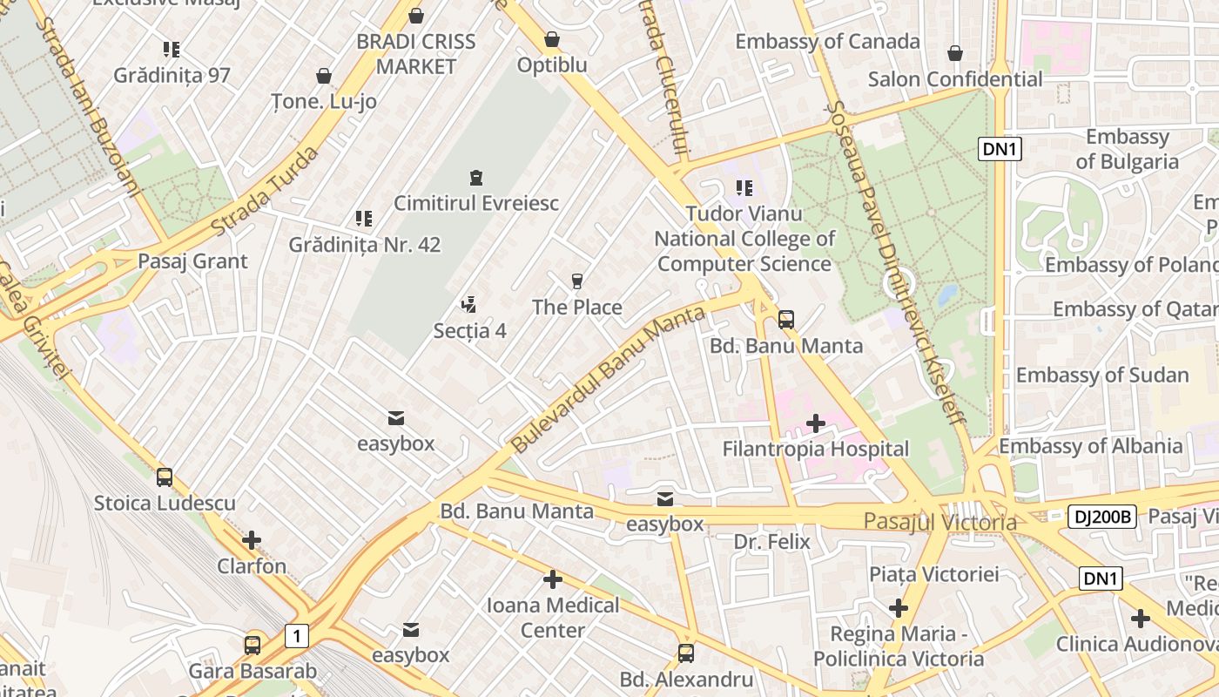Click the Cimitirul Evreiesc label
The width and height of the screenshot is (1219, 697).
coord(475,203)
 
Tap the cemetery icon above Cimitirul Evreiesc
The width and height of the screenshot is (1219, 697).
coord(475,179)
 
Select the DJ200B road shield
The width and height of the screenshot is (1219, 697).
coord(1101,517)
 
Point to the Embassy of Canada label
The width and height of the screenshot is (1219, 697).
coord(826,41)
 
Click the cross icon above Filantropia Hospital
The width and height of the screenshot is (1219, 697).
coord(815,424)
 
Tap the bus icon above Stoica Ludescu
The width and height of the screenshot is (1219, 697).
coord(165,477)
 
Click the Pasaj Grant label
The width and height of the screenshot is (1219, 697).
coord(192,261)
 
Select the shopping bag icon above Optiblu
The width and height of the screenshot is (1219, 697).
coord(551,40)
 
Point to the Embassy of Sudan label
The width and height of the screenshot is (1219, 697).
coord(1101,376)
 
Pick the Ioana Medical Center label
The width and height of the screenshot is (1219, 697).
coord(552,617)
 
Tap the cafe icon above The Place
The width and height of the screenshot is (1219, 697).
coord(576,281)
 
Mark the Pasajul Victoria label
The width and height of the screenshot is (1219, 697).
coord(940,522)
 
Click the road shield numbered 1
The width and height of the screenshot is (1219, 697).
coord(296,637)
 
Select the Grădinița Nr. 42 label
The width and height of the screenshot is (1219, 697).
coord(365,245)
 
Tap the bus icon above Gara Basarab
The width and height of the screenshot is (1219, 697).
coord(253,646)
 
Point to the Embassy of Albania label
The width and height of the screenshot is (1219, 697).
coord(1090,447)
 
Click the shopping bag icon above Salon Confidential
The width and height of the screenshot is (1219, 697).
coord(955,54)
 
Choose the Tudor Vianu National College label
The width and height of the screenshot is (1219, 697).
coord(744,239)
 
